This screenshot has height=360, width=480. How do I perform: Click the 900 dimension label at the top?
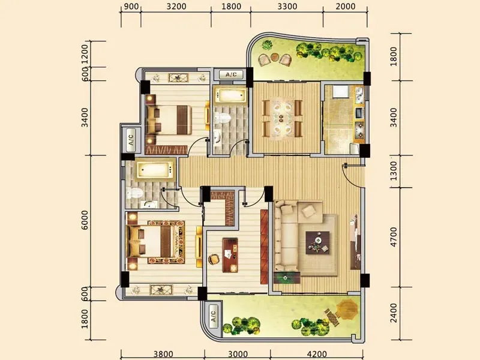(x=131, y=7)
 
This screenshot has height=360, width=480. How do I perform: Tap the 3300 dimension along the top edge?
(x=287, y=7)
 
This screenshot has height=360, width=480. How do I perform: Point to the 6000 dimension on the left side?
(x=85, y=220)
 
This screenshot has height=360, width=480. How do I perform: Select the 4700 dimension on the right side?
(x=394, y=236)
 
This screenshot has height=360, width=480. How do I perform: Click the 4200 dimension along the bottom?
(x=317, y=354)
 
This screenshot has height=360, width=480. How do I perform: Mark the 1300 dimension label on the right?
(x=394, y=171)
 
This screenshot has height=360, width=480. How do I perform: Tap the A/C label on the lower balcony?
(x=213, y=316)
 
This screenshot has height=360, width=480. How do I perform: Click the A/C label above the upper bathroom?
(x=231, y=74)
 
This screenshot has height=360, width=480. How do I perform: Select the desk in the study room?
(x=230, y=255)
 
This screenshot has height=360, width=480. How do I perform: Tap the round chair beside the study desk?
(x=214, y=259)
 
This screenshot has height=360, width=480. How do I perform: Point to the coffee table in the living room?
(x=318, y=243)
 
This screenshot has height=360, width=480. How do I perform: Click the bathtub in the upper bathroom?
(x=231, y=95)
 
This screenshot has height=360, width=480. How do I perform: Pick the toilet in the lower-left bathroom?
(x=134, y=193)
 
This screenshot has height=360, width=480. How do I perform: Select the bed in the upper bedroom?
(x=169, y=119)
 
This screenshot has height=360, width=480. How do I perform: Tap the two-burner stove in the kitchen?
(x=359, y=129)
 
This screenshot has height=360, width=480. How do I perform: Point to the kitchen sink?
(x=359, y=95)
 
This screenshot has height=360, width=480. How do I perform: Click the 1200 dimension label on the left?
(x=85, y=54)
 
